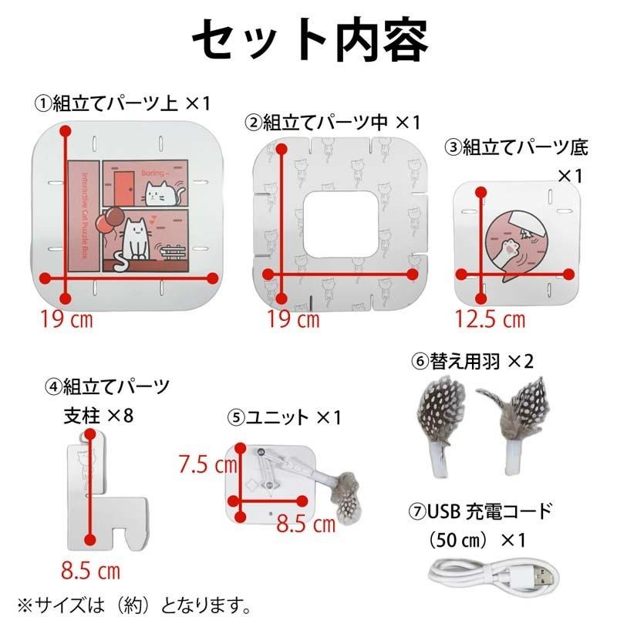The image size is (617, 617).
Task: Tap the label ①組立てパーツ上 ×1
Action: (122, 103)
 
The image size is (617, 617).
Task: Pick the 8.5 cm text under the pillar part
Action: (91, 571)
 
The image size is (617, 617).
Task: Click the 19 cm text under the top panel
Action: (67, 319)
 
